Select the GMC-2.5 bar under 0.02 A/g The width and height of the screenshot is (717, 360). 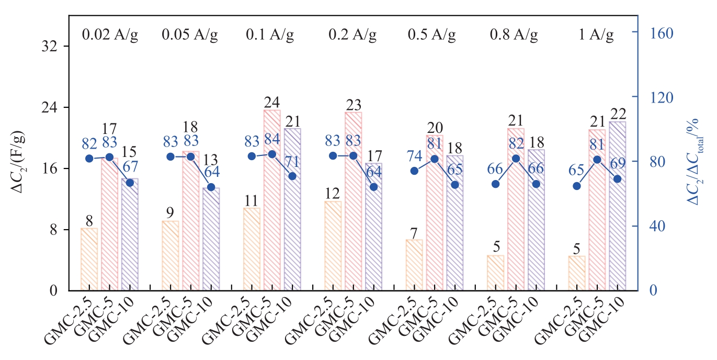(x=89, y=259)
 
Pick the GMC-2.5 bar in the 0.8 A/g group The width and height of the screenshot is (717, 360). (x=495, y=273)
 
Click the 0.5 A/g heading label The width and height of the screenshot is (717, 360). (x=432, y=36)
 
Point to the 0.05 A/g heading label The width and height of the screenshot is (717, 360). (x=189, y=36)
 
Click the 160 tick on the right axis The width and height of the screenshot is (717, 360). (x=660, y=32)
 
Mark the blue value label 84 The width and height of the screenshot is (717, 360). (x=272, y=140)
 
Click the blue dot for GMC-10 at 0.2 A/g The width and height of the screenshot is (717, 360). (x=373, y=187)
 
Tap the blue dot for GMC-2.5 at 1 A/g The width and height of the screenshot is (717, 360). (x=576, y=186)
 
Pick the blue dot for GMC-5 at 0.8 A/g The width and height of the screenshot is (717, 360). (x=516, y=159)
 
